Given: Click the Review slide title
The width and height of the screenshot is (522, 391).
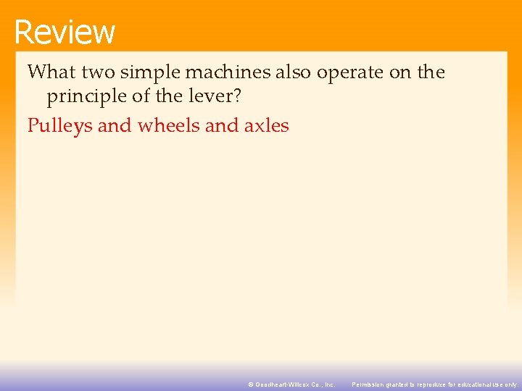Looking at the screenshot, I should coord(65,32).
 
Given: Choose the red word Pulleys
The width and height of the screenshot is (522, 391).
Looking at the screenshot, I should coord(60,126).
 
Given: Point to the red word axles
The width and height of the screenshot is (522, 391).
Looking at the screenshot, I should coord(267,126).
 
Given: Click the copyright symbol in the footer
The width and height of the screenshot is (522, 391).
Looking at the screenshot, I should coord(251,384).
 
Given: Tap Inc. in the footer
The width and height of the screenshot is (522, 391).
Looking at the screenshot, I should coord(329,384).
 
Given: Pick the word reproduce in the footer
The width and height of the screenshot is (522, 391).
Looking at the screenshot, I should coord(431,384).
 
